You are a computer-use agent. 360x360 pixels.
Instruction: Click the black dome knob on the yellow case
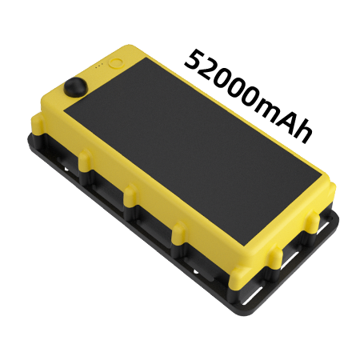click(x=75, y=86)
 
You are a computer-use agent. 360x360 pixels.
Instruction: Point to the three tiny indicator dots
click(x=98, y=66)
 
